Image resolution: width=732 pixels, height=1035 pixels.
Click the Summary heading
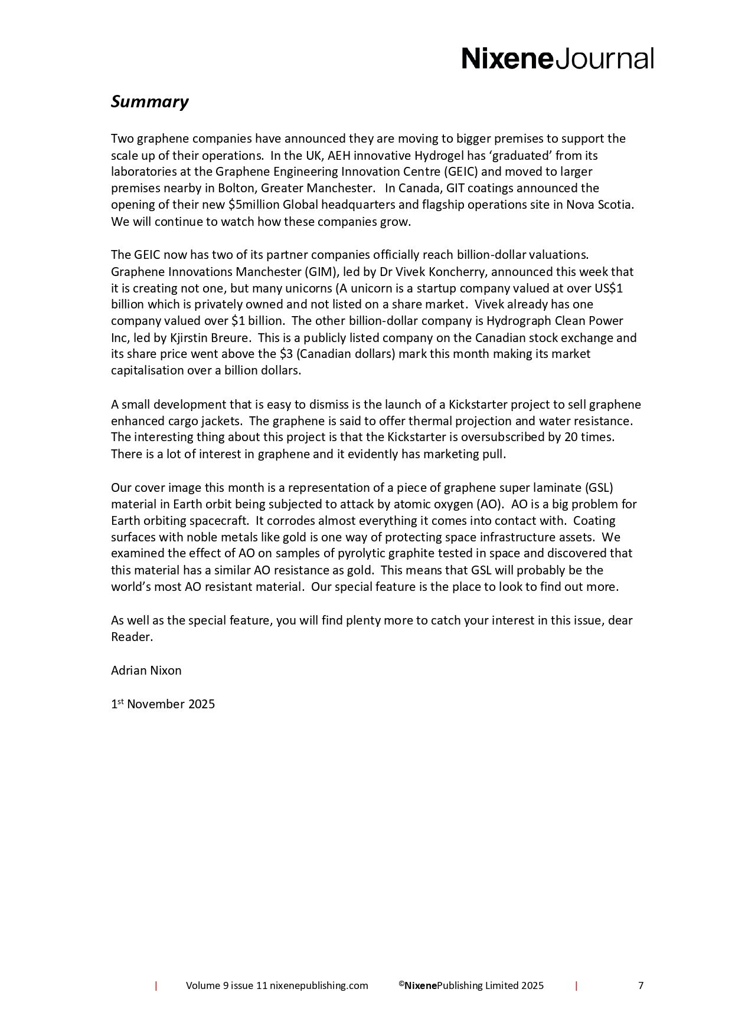point(149,101)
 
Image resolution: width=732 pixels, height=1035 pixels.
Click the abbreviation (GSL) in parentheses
point(600,488)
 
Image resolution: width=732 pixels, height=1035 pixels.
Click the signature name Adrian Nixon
point(146,671)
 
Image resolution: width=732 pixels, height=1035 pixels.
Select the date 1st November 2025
point(163,704)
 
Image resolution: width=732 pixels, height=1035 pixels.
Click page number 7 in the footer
point(640,985)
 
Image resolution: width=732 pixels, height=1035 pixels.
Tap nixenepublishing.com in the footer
point(319,985)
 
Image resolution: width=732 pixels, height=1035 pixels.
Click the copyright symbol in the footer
point(401,984)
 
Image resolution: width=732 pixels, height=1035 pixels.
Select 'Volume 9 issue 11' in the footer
point(227,985)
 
